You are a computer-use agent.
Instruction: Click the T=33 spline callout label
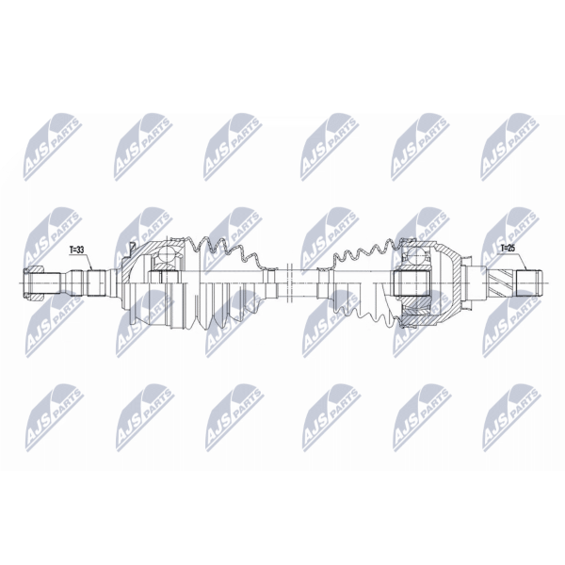[75, 249]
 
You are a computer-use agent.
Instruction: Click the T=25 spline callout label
[508, 249]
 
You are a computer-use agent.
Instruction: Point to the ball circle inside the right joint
[416, 254]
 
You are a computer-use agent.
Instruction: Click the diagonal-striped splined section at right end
[502, 282]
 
